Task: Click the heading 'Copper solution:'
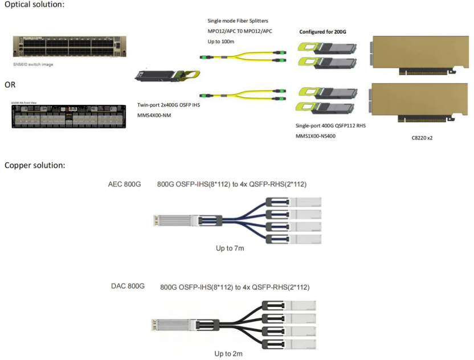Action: (35, 165)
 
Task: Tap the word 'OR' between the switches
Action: (10, 85)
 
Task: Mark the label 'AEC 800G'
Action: (125, 184)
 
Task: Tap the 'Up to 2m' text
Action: (228, 354)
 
